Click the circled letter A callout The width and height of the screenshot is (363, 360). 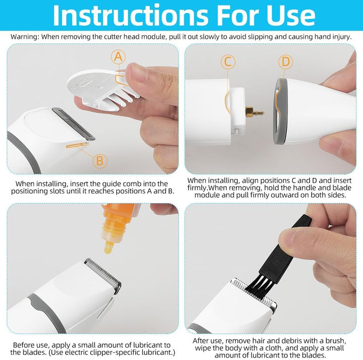click(x=118, y=57)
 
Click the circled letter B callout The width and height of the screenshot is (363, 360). click(x=100, y=161)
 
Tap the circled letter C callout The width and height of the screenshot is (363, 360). click(x=228, y=62)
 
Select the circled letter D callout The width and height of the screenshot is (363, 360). click(x=286, y=62)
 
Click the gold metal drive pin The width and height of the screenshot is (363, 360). click(x=255, y=112)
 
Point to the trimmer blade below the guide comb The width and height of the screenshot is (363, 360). click(x=74, y=124)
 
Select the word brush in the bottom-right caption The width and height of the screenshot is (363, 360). click(x=335, y=340)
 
